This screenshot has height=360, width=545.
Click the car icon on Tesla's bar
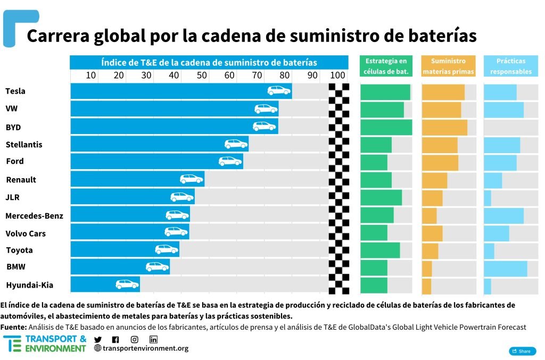point(279,91)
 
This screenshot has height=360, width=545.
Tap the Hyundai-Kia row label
point(30,285)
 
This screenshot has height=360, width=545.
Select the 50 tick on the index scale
point(201,76)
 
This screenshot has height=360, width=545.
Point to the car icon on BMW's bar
point(158,267)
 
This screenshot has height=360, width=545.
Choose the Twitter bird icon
point(98,340)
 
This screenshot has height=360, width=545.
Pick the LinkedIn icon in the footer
point(153,340)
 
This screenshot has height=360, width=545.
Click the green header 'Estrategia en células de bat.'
point(386,66)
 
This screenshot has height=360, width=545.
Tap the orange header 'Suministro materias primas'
point(448,66)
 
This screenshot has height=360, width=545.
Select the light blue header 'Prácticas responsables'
point(510,66)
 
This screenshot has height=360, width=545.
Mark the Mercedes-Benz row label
point(34,215)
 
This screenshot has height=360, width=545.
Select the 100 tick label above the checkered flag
point(338,76)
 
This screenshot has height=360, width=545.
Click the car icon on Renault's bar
point(192,179)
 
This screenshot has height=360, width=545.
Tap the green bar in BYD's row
point(386,127)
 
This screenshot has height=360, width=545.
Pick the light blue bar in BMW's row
point(505,268)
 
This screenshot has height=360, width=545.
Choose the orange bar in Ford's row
point(440,162)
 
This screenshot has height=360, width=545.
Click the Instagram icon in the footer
point(135,340)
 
